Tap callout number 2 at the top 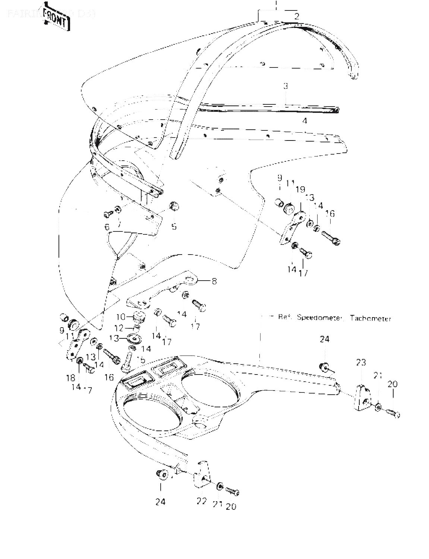tap(296, 16)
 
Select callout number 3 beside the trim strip tap(285, 86)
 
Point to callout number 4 tap(305, 121)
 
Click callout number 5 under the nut tap(174, 226)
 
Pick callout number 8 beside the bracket tap(214, 281)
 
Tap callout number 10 tap(121, 317)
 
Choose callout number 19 tap(300, 190)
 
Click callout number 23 tap(360, 362)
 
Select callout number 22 tap(201, 501)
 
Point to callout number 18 tap(70, 378)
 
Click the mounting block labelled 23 tap(363, 398)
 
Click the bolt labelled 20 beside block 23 tap(392, 413)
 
